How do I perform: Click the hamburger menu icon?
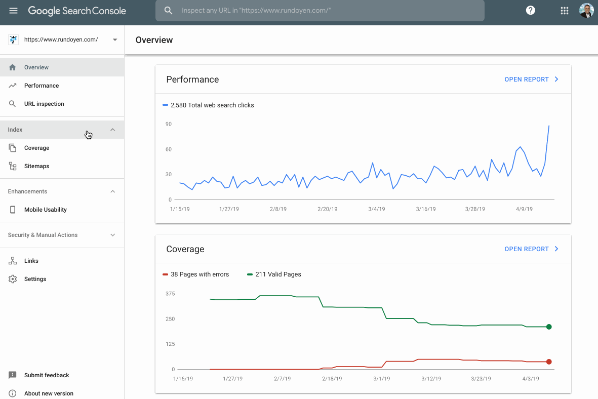(14, 11)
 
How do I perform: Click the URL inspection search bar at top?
(320, 11)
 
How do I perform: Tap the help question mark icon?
(530, 11)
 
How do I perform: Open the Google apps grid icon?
(564, 11)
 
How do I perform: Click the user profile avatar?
(586, 11)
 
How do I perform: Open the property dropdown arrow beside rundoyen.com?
(115, 39)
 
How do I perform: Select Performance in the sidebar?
(42, 86)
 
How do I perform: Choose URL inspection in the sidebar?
(44, 104)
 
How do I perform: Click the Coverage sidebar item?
(36, 148)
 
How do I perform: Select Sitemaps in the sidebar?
(36, 166)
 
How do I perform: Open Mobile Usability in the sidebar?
(45, 210)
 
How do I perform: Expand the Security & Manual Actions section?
(112, 235)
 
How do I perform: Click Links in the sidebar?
(31, 261)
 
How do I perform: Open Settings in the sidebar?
(35, 279)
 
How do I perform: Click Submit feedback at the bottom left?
(46, 375)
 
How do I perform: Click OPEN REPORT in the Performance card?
(531, 79)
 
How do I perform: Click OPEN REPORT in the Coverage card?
(531, 249)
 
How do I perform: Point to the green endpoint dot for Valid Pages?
(549, 327)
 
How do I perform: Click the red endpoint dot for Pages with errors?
(549, 362)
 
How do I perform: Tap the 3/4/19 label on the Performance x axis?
(376, 209)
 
